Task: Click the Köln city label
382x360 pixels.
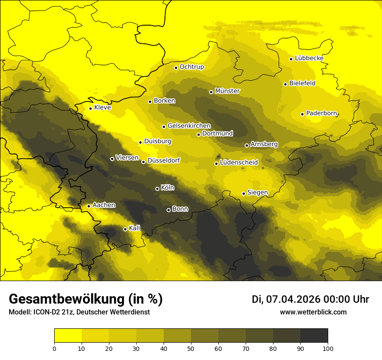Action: pyautogui.click(x=167, y=188)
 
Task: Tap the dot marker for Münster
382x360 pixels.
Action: pyautogui.click(x=211, y=92)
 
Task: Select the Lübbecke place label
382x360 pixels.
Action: pyautogui.click(x=309, y=58)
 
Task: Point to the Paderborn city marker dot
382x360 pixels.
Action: pyautogui.click(x=303, y=114)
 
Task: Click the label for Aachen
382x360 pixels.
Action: pyautogui.click(x=104, y=205)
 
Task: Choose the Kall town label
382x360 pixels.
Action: pyautogui.click(x=135, y=228)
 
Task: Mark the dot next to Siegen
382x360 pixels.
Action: pyautogui.click(x=244, y=193)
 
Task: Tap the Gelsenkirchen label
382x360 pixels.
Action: pyautogui.click(x=189, y=126)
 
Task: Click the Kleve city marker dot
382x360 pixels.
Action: pyautogui.click(x=91, y=108)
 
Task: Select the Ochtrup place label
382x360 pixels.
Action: pyautogui.click(x=191, y=67)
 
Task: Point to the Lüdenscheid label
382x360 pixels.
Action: pyautogui.click(x=239, y=163)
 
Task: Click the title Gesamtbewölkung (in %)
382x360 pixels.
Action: pyautogui.click(x=86, y=299)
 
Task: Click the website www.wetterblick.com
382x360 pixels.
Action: pyautogui.click(x=313, y=312)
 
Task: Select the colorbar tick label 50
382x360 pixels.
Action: pyautogui.click(x=191, y=348)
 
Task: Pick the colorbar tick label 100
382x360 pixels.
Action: pyautogui.click(x=327, y=348)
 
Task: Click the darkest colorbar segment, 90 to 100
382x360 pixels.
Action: pyautogui.click(x=314, y=336)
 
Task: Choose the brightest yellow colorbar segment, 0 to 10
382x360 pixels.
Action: pyautogui.click(x=68, y=336)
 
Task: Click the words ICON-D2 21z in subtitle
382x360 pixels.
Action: pyautogui.click(x=52, y=312)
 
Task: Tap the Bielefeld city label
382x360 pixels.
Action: pyautogui.click(x=302, y=83)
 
